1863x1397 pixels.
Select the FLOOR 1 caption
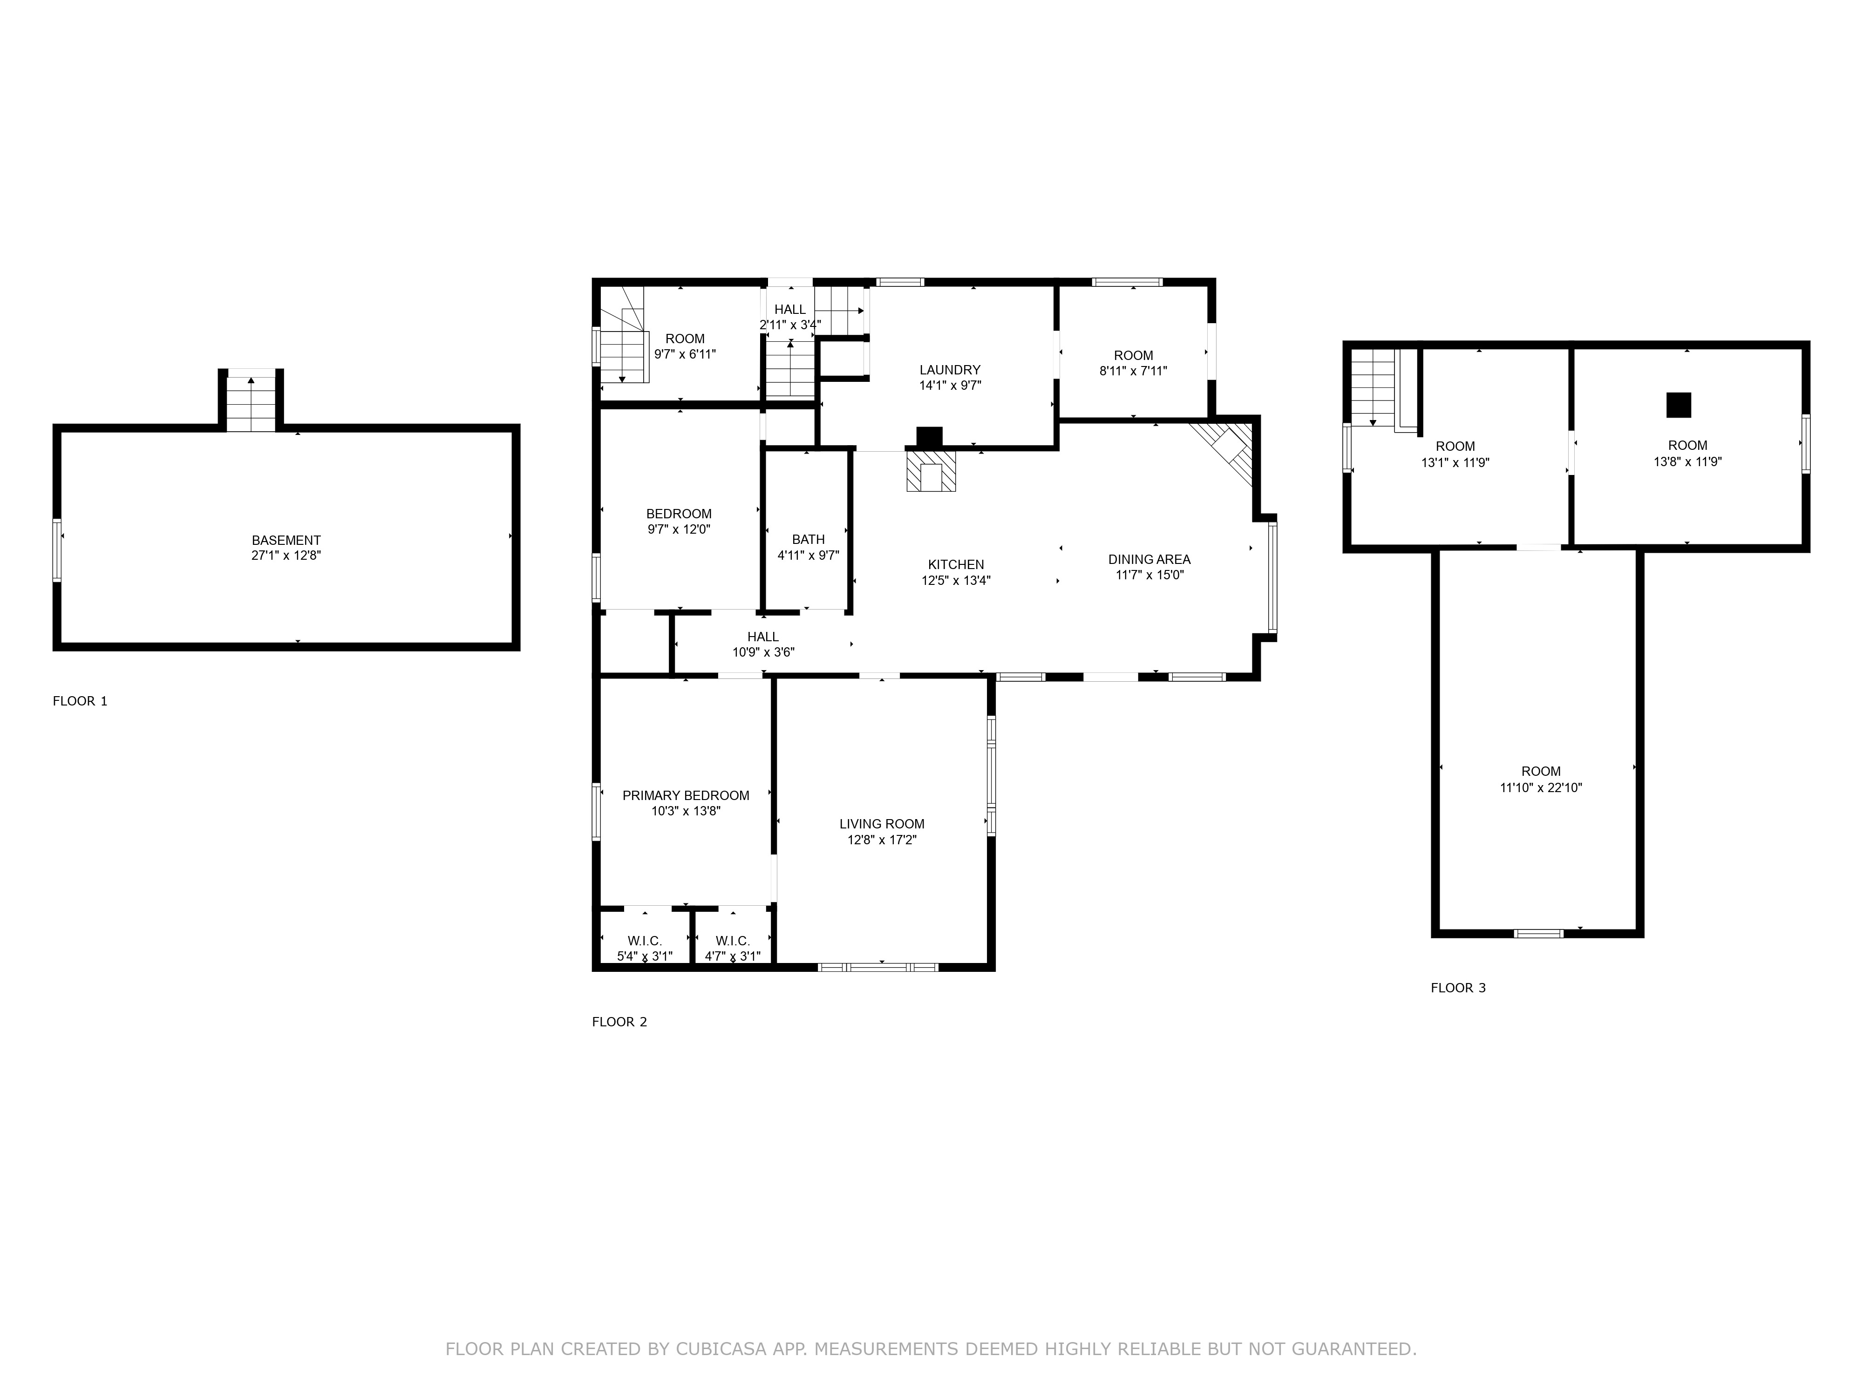click(80, 701)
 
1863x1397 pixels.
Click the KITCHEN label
click(956, 564)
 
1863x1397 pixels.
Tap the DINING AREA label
click(1149, 559)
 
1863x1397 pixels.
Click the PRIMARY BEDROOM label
click(686, 795)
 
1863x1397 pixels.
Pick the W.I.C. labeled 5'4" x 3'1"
click(645, 948)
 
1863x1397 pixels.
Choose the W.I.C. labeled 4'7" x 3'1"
click(733, 948)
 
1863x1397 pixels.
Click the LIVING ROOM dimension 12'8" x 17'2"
click(882, 840)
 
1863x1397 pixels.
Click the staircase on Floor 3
click(1374, 387)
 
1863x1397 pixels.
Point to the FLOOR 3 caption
click(1458, 988)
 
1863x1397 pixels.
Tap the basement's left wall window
click(57, 550)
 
